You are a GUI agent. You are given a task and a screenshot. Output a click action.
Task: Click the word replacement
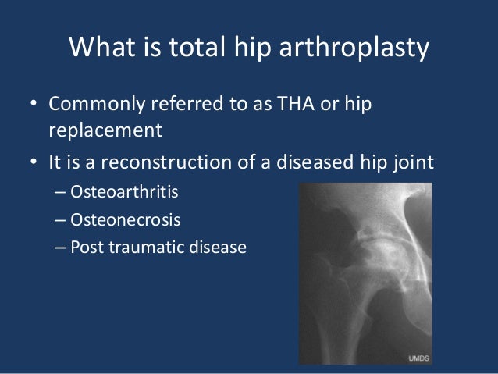105,129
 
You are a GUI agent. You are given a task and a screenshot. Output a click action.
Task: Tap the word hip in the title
254,48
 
